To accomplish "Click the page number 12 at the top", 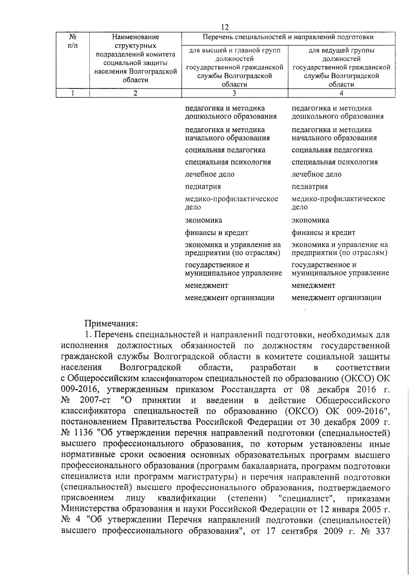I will pyautogui.click(x=225, y=27).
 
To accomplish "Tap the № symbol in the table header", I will pyautogui.click(x=72, y=37).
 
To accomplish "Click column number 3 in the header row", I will pyautogui.click(x=234, y=93).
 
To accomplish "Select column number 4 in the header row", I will pyautogui.click(x=341, y=93).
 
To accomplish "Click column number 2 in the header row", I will pyautogui.click(x=135, y=93).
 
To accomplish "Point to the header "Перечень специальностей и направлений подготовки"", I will pyautogui.click(x=288, y=37).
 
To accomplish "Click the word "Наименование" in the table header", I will pyautogui.click(x=135, y=37).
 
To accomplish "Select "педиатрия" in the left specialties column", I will pyautogui.click(x=203, y=187).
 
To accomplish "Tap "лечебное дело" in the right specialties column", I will pyautogui.click(x=316, y=174).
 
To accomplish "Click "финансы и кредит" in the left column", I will pyautogui.click(x=217, y=233).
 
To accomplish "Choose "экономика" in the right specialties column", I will pyautogui.click(x=310, y=220).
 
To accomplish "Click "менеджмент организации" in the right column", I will pyautogui.click(x=336, y=298).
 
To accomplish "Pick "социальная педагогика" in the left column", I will pyautogui.click(x=225, y=150).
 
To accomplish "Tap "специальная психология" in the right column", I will pyautogui.click(x=334, y=162).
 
